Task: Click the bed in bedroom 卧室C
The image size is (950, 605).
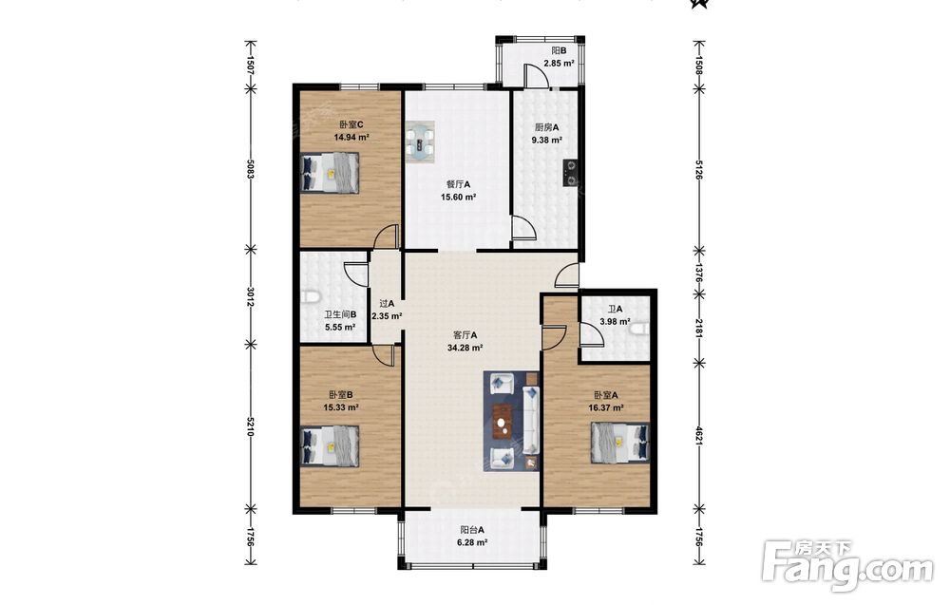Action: pyautogui.click(x=331, y=173)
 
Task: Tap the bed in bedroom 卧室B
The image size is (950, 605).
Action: pyautogui.click(x=331, y=446)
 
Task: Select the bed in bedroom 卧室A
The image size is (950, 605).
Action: pyautogui.click(x=619, y=443)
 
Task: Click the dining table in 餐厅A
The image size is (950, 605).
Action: pyautogui.click(x=421, y=142)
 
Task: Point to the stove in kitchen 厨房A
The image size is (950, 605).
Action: pyautogui.click(x=569, y=172)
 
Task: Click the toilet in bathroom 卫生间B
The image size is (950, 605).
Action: pyautogui.click(x=311, y=298)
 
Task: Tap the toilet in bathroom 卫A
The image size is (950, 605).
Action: pyautogui.click(x=639, y=330)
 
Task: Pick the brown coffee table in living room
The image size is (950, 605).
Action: pyautogui.click(x=503, y=423)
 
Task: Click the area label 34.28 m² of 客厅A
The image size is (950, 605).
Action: pyautogui.click(x=465, y=348)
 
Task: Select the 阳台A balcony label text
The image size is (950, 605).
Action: pyautogui.click(x=472, y=529)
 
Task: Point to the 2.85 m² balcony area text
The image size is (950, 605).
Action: pyautogui.click(x=559, y=63)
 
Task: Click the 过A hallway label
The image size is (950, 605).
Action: pyautogui.click(x=387, y=303)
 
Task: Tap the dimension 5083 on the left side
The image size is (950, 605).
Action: pyautogui.click(x=250, y=168)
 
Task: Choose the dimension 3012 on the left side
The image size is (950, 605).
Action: pyautogui.click(x=250, y=295)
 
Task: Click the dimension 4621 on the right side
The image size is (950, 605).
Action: pyautogui.click(x=698, y=434)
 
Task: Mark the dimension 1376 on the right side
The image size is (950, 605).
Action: pyautogui.click(x=698, y=273)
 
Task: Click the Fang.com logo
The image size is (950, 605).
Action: pyautogui.click(x=847, y=564)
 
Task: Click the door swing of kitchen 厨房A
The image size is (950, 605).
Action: pyautogui.click(x=523, y=228)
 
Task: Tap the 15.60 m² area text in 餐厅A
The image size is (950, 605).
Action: pyautogui.click(x=458, y=197)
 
